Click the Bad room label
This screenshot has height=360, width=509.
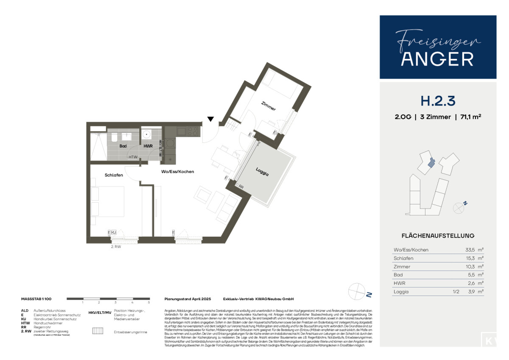click(123, 146)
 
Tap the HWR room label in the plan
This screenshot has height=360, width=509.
click(148, 146)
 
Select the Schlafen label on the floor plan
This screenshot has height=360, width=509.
click(114, 175)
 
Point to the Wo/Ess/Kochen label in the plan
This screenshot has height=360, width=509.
click(177, 172)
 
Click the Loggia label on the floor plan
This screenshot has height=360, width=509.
click(263, 171)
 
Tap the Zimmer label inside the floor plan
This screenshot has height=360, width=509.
click(268, 106)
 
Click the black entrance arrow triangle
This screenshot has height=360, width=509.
click(211, 119)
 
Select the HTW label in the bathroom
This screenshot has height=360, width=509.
click(133, 157)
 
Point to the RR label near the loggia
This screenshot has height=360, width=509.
click(241, 187)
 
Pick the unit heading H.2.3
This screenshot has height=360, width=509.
click(438, 101)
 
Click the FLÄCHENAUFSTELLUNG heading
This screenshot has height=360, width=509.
click(438, 236)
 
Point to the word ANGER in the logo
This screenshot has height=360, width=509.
click(437, 59)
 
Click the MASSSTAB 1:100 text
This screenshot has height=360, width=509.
click(36, 299)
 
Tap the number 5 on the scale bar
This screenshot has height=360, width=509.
click(149, 303)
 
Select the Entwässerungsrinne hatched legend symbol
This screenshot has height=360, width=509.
click(98, 332)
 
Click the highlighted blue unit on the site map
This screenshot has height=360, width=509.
click(431, 162)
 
